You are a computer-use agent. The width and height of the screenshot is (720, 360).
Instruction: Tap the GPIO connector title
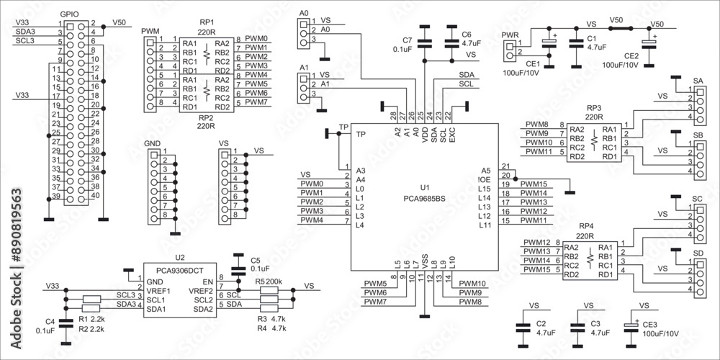pos(70,14)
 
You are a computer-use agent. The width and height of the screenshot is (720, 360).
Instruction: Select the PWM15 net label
pos(533,184)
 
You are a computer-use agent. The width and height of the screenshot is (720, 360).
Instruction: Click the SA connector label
pos(698,81)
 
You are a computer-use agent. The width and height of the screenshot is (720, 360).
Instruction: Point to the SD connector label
pos(698,253)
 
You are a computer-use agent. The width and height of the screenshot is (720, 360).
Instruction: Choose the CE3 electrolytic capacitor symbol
pos(632,327)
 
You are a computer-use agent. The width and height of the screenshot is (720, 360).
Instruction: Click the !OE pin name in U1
pos(485,179)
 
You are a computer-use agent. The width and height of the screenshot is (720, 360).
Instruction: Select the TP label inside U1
pos(361,135)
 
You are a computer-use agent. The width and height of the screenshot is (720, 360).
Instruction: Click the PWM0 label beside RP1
pos(256,38)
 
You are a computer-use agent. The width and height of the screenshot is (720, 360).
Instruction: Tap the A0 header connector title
pos(303,14)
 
